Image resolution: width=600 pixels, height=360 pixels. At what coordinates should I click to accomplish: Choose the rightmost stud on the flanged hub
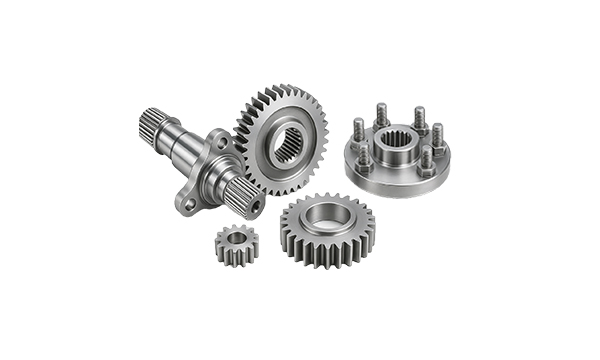(x=438, y=137)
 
